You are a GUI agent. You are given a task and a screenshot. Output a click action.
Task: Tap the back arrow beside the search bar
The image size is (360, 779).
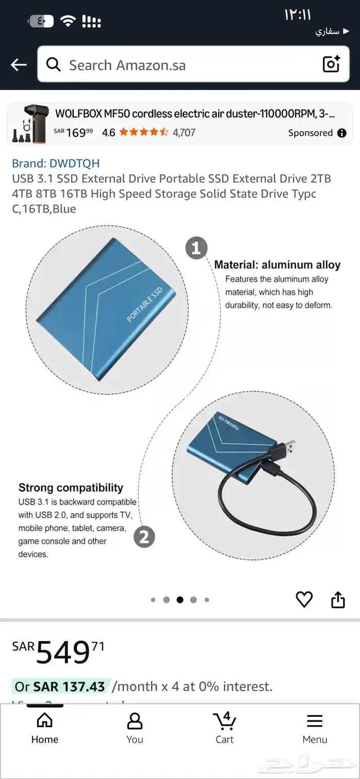(x=19, y=65)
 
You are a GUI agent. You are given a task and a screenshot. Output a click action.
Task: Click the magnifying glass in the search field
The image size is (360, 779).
(x=53, y=64)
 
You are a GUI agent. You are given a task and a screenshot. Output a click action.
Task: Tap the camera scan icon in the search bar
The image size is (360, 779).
(x=331, y=64)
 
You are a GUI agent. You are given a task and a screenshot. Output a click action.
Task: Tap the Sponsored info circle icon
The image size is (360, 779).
(x=342, y=133)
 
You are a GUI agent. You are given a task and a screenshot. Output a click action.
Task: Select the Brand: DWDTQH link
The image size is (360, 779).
(x=56, y=163)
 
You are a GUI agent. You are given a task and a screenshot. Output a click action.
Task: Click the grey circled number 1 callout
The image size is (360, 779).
(x=196, y=248)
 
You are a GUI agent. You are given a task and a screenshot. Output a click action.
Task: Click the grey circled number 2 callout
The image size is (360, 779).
(x=144, y=537)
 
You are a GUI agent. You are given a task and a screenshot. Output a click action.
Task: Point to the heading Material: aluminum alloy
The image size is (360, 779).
(x=277, y=264)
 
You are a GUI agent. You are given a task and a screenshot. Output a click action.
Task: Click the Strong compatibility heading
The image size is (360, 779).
(x=71, y=488)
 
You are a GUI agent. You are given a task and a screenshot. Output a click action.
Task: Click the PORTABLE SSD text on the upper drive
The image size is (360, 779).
(x=144, y=305)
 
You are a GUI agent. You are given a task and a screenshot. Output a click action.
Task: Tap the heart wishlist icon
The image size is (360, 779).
(x=304, y=599)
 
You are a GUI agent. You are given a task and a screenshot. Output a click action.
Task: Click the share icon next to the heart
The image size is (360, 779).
(x=338, y=599)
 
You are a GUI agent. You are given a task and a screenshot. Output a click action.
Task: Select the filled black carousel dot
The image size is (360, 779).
(x=180, y=599)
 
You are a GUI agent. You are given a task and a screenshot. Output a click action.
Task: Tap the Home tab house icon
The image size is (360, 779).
(x=45, y=720)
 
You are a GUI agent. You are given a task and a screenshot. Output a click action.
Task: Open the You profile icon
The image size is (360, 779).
(x=135, y=720)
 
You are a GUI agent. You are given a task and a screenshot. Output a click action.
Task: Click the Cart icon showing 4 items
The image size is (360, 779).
(x=225, y=720)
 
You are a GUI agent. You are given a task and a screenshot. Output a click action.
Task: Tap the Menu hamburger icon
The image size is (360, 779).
(x=315, y=721)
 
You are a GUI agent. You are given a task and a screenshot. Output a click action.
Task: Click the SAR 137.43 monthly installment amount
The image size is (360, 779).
(x=69, y=686)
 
